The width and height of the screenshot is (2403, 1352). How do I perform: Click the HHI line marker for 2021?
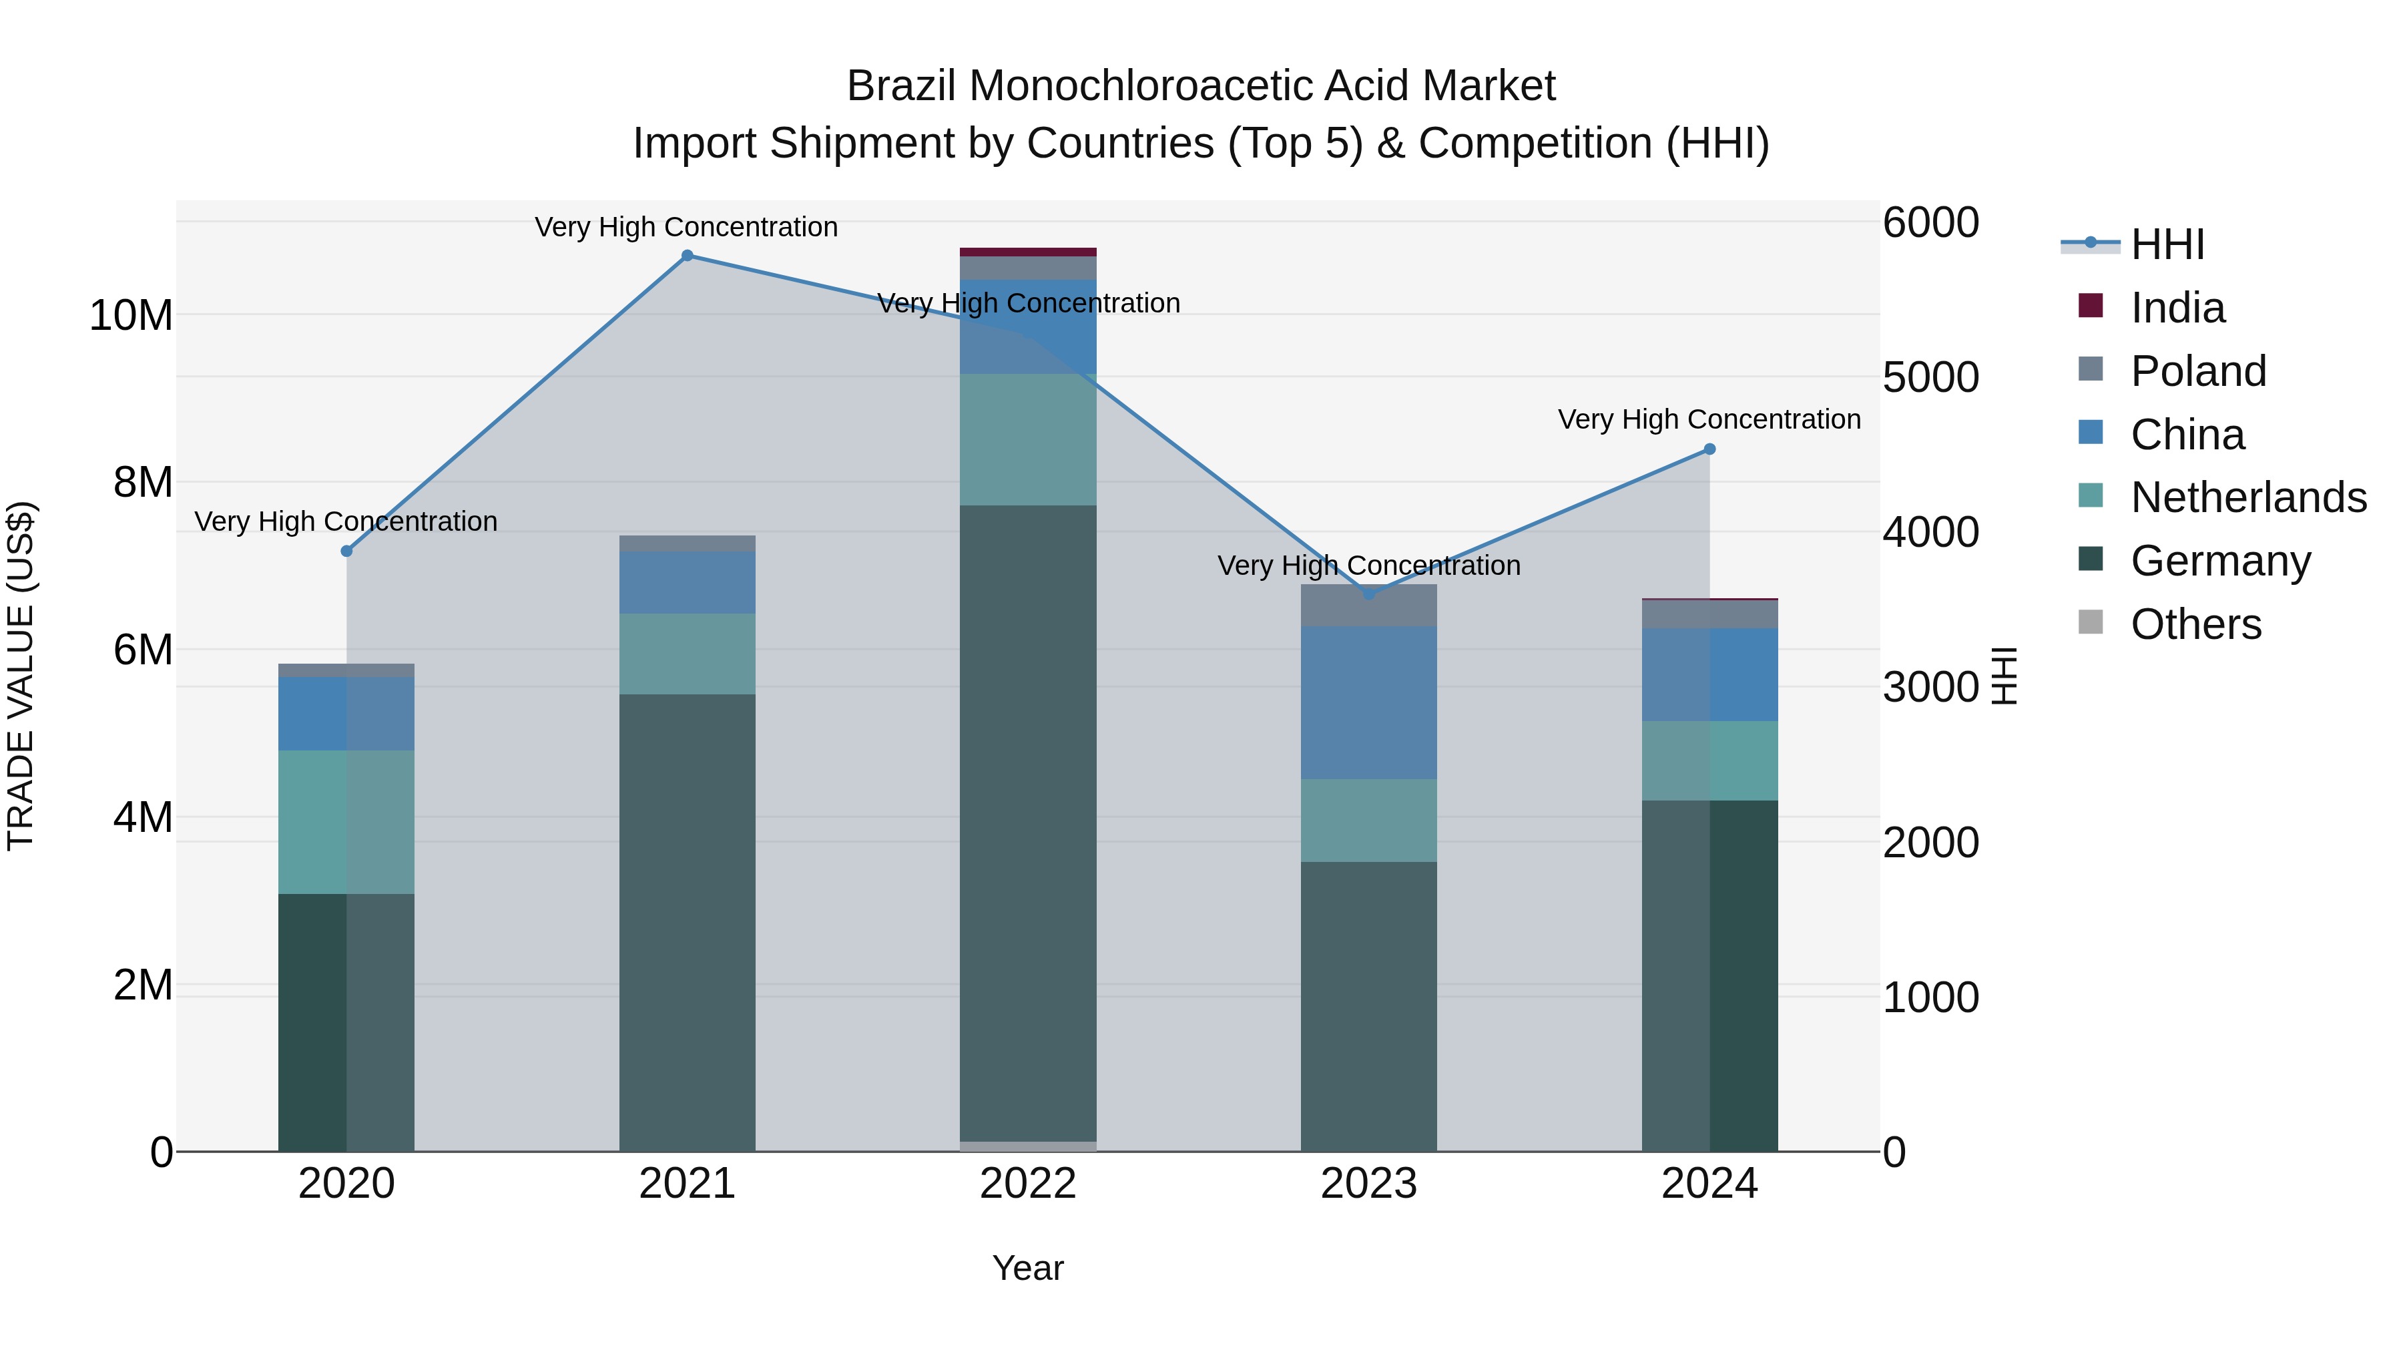[687, 256]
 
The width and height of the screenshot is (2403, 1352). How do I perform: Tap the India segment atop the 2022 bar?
[1028, 252]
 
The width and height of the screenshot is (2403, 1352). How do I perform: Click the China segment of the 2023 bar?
[1368, 702]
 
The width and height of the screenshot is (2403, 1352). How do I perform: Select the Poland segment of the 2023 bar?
[1368, 606]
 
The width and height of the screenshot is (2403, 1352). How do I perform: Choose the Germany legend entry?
[2220, 561]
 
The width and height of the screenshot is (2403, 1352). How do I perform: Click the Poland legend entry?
[2198, 371]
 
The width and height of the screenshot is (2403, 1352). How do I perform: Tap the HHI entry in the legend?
[2167, 244]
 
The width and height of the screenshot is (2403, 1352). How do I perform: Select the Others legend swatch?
[2091, 622]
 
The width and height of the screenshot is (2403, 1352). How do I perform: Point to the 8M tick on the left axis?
[143, 483]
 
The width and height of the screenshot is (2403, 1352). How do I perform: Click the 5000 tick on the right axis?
[1930, 378]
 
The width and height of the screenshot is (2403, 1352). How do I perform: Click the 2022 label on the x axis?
[1028, 1184]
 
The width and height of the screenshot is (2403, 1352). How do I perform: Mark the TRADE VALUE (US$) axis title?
[21, 676]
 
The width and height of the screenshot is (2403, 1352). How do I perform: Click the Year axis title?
[1028, 1268]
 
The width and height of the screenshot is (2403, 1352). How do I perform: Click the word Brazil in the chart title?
[901, 86]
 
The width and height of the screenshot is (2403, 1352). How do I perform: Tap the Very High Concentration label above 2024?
[1709, 420]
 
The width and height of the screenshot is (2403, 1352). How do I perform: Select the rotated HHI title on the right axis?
[2004, 676]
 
